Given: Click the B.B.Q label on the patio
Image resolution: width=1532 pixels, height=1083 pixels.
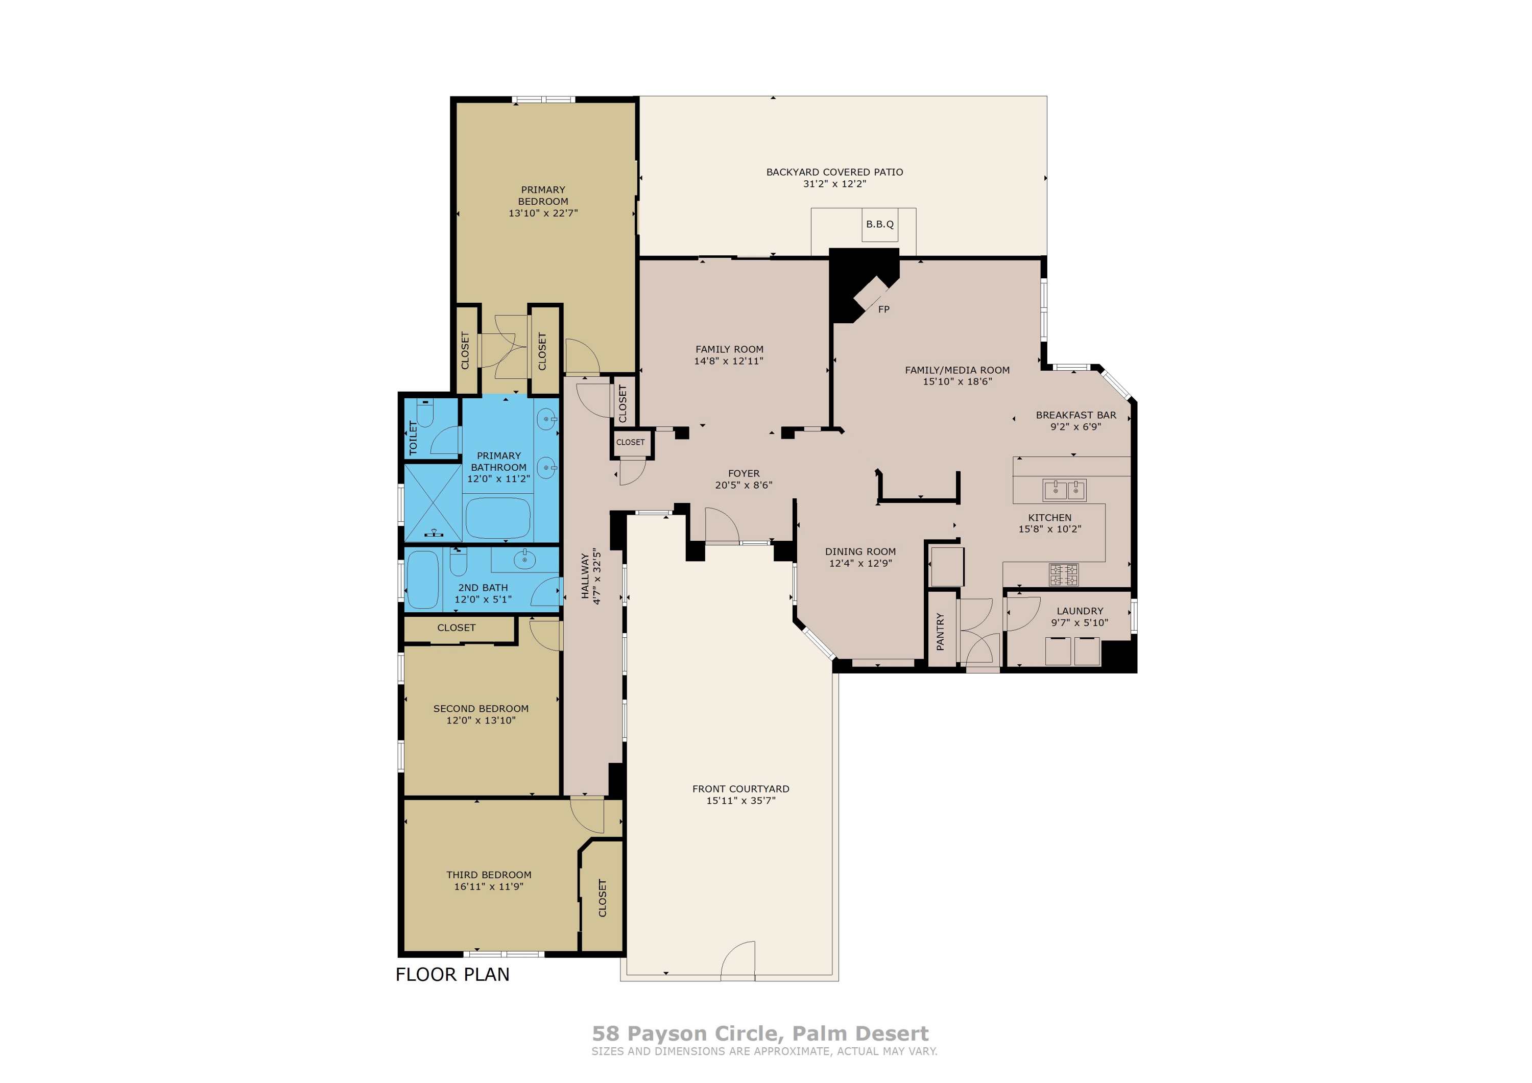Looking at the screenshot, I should coord(879,224).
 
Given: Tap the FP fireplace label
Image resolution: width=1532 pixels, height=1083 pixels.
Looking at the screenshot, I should coord(883,309).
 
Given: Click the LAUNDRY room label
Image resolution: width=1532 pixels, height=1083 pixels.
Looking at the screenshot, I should coord(1080,611).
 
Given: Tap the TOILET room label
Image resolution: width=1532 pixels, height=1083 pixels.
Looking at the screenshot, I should coord(413,438).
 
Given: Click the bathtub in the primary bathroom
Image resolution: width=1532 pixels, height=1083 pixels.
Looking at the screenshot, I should coord(498,517).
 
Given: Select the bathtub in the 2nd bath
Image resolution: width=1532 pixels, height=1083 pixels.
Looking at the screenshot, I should coord(422,579).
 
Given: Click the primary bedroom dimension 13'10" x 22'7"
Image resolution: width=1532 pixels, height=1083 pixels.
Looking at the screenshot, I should coord(543,213).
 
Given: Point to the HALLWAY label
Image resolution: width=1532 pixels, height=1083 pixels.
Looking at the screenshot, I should coord(585,577).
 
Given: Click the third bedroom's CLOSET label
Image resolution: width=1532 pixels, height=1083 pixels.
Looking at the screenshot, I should coord(603,898).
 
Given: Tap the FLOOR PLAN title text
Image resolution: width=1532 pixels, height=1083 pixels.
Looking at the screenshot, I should coord(452,974).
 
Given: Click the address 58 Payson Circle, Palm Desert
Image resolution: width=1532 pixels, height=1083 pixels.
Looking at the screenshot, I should coord(760,1033).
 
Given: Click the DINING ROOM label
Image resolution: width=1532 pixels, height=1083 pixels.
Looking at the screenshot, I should coord(860,551).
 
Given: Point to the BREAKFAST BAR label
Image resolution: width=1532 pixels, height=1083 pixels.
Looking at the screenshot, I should coord(1075,415).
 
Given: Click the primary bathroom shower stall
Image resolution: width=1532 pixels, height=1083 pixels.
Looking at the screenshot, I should coord(433,502).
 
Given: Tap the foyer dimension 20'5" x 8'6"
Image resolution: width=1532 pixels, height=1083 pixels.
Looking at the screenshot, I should coord(744,485).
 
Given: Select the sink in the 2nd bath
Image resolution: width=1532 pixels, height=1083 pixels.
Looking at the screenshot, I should coord(524,559).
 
